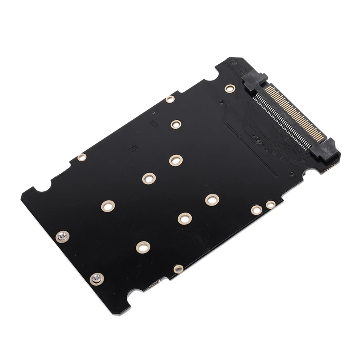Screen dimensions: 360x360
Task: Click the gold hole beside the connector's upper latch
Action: point(230,88)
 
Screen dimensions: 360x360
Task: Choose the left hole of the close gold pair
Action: point(256,209)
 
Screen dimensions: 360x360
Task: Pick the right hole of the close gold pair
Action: point(270,205)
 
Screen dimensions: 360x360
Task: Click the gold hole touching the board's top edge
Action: point(170,99)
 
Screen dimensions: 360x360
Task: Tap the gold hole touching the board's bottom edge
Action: point(179,269)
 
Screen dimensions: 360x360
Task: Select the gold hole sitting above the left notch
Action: point(82,157)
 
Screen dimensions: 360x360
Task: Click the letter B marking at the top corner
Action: point(234,64)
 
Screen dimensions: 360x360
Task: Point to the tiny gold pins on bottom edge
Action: point(154,285)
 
